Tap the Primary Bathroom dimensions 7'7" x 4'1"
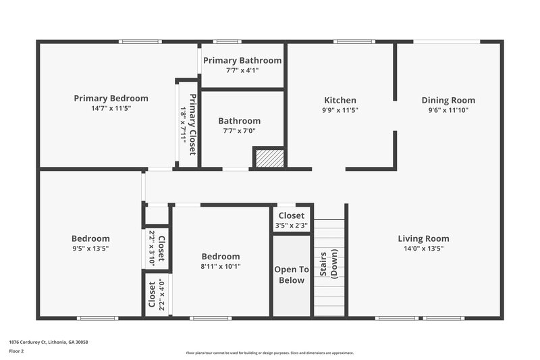(x=242, y=70)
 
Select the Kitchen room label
(x=340, y=100)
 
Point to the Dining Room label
(x=448, y=100)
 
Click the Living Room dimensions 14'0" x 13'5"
(x=423, y=249)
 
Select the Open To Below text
(x=292, y=275)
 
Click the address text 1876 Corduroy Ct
(x=48, y=342)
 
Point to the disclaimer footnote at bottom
(x=269, y=353)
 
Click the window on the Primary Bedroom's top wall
(x=140, y=43)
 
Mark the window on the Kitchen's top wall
(x=355, y=43)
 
